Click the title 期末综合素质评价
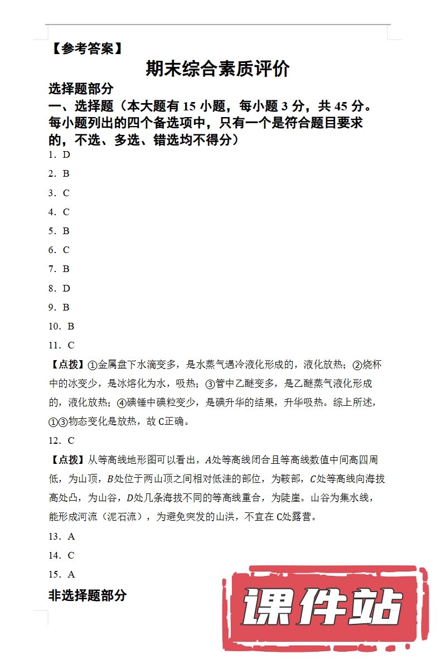point(217,69)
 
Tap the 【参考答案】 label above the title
point(86,49)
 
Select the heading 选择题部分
point(81,89)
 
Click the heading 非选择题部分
point(88,595)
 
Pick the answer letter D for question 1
point(66,154)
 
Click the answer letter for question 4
point(66,212)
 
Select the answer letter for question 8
point(66,288)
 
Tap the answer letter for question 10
point(71,326)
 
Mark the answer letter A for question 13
point(71,536)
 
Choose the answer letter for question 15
point(71,574)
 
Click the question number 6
point(51,250)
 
